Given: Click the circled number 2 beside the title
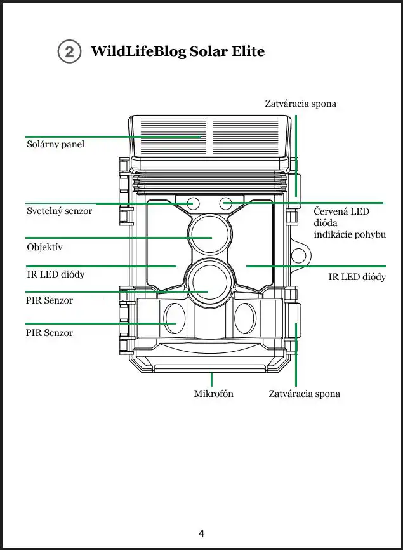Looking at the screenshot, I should tap(69, 52).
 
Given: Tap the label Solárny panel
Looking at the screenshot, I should tap(55, 144).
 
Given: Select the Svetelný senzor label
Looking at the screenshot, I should tap(59, 210).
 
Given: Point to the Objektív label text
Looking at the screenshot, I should tap(44, 246).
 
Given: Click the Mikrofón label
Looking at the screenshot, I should tap(213, 394).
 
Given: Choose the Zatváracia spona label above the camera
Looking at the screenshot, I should tap(300, 103).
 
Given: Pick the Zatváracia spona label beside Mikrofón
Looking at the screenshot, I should tap(304, 394).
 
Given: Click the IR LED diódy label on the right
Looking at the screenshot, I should tap(357, 277).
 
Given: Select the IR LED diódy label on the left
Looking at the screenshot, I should tap(55, 274).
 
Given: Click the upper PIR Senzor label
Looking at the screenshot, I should tap(50, 300).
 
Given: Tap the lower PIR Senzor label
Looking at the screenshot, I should tap(50, 333).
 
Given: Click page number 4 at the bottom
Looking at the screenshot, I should tap(201, 533).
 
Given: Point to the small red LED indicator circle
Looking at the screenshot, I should tap(225, 203).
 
